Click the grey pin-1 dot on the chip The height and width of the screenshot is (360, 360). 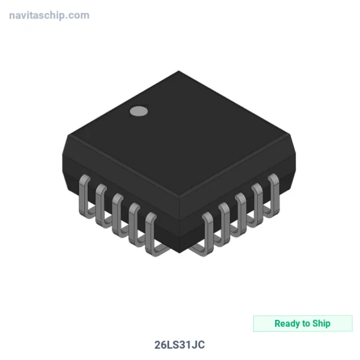[139, 111]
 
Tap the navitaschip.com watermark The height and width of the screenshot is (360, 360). [49, 15]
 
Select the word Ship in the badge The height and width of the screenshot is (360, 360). [321, 323]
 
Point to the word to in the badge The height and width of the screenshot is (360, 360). [306, 324]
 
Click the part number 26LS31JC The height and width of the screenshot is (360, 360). [179, 345]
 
